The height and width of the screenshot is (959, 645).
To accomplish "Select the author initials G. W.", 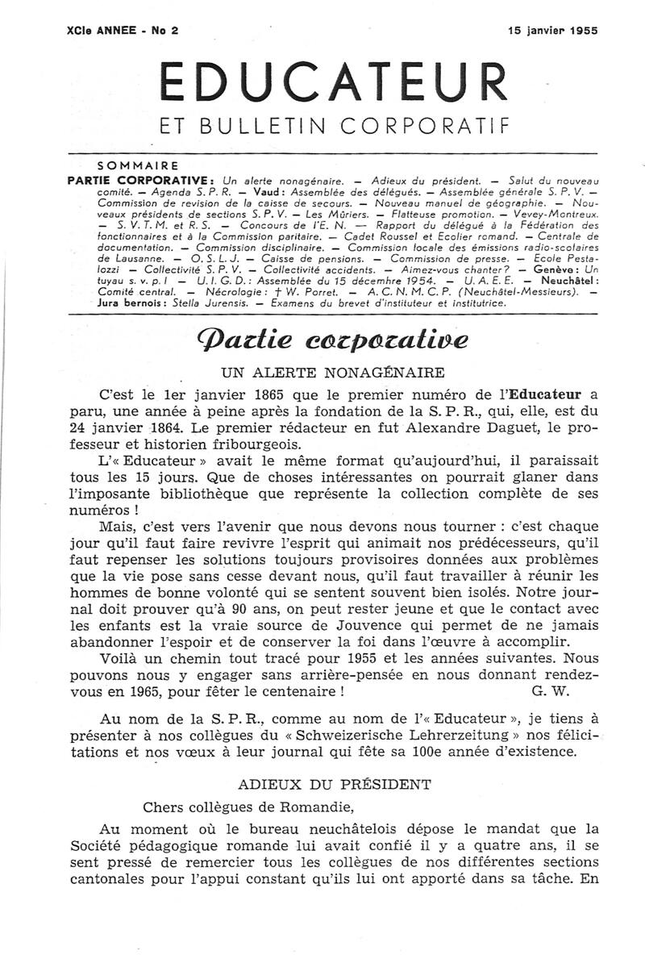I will pos(548,690).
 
